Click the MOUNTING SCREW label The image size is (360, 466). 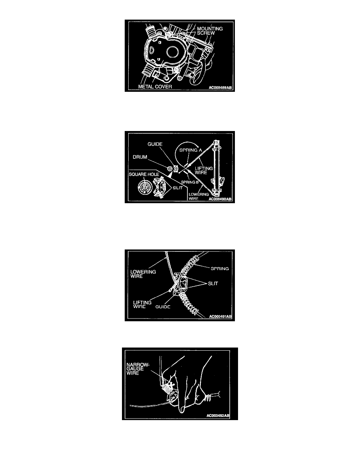pyautogui.click(x=210, y=31)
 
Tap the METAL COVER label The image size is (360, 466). pyautogui.click(x=155, y=86)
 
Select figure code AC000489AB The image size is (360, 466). pyautogui.click(x=220, y=88)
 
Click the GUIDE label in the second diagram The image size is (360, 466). pyautogui.click(x=155, y=144)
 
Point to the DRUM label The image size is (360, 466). pyautogui.click(x=140, y=157)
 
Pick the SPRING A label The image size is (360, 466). pyautogui.click(x=191, y=150)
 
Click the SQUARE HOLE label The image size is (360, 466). pyautogui.click(x=144, y=174)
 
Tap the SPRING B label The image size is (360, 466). pyautogui.click(x=190, y=182)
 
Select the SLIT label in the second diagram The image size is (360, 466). pyautogui.click(x=178, y=188)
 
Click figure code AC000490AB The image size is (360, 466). pyautogui.click(x=220, y=199)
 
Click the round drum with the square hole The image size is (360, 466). pyautogui.click(x=145, y=188)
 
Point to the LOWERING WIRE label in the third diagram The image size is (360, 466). pyautogui.click(x=143, y=274)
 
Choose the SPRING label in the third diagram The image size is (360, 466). pyautogui.click(x=220, y=269)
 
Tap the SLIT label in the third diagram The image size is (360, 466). pyautogui.click(x=213, y=284)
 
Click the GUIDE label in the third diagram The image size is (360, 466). pyautogui.click(x=163, y=307)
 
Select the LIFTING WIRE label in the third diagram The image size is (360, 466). pyautogui.click(x=142, y=305)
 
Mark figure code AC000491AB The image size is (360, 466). pyautogui.click(x=220, y=317)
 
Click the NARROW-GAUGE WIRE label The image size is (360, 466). pyautogui.click(x=138, y=369)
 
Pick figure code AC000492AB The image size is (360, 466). pyautogui.click(x=218, y=416)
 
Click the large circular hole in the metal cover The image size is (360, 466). pyautogui.click(x=172, y=52)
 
